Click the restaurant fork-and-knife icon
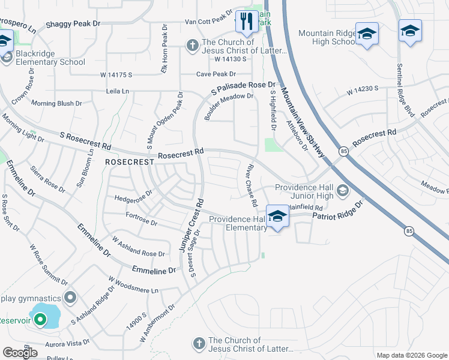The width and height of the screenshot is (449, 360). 246,22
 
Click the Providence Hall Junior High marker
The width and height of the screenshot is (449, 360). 343,191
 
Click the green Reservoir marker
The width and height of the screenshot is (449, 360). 40,320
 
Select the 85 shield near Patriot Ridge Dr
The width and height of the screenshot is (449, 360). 409,230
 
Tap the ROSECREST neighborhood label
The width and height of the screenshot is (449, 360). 126,162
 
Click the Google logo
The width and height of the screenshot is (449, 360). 20,352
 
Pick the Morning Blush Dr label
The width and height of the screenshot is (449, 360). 56,104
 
